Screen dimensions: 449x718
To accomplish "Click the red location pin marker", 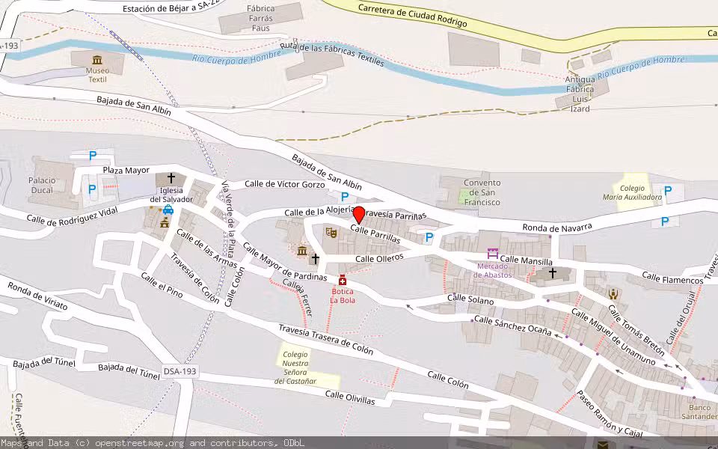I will (x=358, y=215).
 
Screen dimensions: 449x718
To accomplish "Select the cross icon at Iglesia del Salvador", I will (x=171, y=178).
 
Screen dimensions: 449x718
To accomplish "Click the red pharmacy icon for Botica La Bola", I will (x=343, y=280).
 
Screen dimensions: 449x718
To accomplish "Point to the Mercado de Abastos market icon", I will (x=492, y=254).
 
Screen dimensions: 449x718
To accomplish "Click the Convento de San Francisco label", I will (x=482, y=192).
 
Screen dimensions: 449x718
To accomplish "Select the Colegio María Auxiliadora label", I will (x=632, y=192).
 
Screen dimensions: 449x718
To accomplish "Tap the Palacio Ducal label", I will (x=42, y=185).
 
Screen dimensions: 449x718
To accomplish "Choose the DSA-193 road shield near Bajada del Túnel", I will (x=180, y=371).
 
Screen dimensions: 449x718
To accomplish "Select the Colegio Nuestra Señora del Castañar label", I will (x=295, y=367).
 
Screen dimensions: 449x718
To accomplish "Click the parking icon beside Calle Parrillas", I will (x=429, y=237).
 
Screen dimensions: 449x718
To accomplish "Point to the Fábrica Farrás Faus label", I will (x=260, y=18).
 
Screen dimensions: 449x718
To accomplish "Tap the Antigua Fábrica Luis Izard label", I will (x=580, y=94).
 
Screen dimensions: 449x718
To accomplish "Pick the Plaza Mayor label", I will (x=126, y=171).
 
